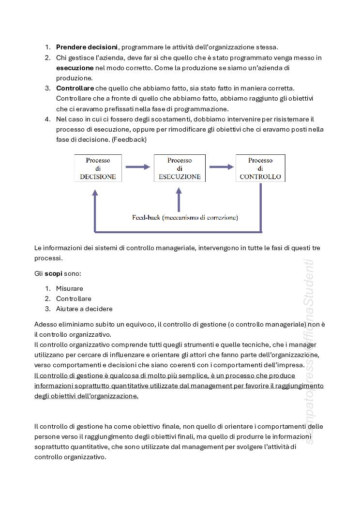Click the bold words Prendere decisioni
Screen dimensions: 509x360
[x=87, y=47]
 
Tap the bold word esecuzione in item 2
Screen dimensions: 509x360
[x=75, y=68]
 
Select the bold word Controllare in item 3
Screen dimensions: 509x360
[x=75, y=88]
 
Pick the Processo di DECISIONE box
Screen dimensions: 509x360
[x=98, y=168]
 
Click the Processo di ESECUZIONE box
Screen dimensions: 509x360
[x=180, y=168]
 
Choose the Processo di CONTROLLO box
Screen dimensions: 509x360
[x=260, y=168]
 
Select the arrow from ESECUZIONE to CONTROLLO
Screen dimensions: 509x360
[x=221, y=167]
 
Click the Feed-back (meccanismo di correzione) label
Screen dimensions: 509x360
[x=185, y=218]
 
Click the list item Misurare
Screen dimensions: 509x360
[x=69, y=288]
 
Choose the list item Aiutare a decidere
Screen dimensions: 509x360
[x=84, y=309]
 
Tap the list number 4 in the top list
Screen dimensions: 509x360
[x=47, y=119]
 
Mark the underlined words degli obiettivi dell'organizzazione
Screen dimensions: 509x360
[x=86, y=396]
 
